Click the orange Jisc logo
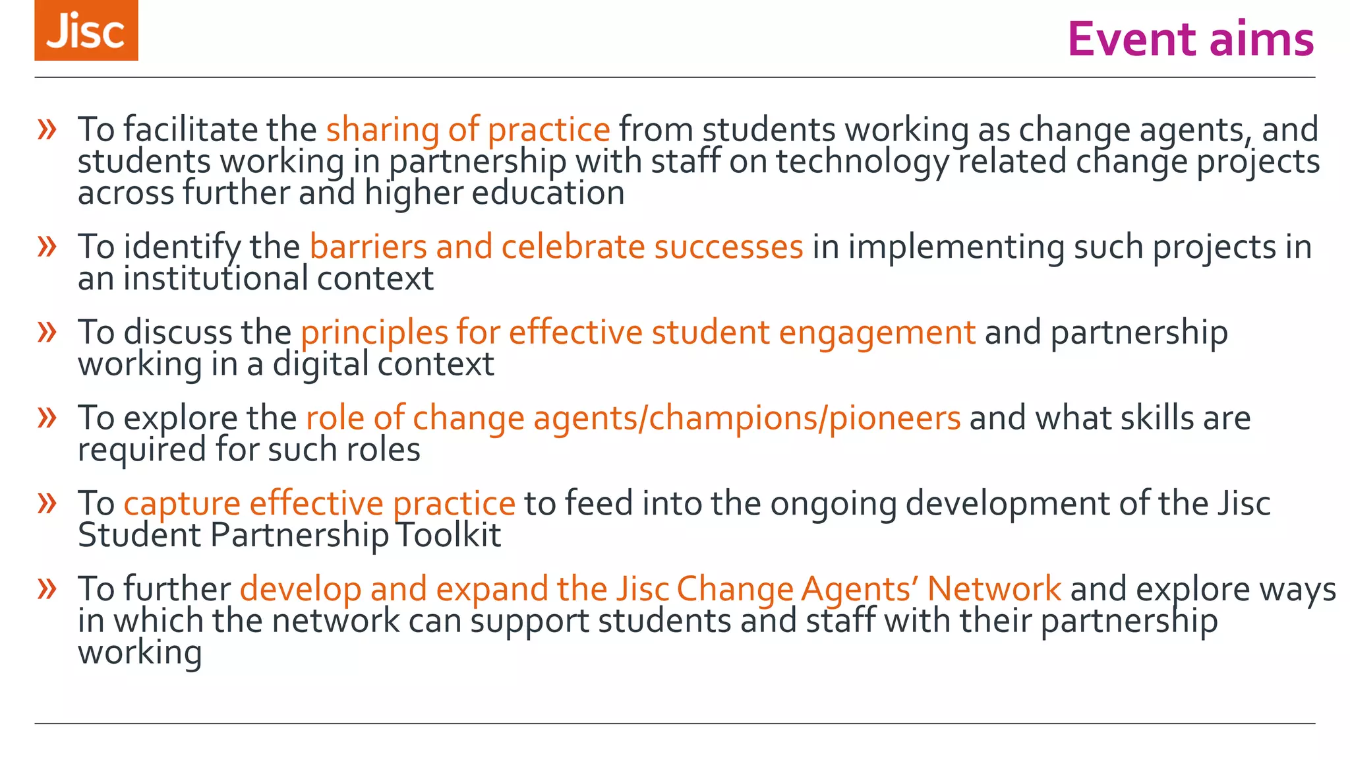(86, 30)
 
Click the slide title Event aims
(1190, 39)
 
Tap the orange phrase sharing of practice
(468, 129)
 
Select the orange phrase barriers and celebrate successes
(556, 247)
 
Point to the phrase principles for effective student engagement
(638, 332)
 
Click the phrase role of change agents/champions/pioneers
(633, 418)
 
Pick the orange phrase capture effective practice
(319, 503)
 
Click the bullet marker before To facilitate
(47, 129)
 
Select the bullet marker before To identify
(47, 247)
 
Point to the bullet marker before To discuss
(47, 332)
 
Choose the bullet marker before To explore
(47, 418)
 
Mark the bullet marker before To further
(47, 588)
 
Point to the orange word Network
(994, 588)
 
